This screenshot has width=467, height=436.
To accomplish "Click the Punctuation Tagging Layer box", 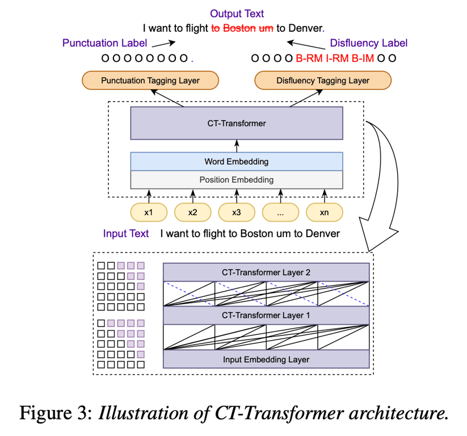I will point(150,81).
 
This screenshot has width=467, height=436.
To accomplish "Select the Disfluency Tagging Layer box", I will point(323,81).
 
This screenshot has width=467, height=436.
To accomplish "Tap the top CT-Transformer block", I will point(237,123).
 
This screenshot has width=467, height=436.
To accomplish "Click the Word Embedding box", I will point(237,162).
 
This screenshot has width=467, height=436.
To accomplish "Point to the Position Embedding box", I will point(237,180).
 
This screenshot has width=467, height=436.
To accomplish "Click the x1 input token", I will point(148,212).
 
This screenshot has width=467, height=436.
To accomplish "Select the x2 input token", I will point(192,212).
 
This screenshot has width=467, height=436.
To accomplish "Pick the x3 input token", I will point(236,212).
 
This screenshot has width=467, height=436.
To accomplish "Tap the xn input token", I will point(323,212).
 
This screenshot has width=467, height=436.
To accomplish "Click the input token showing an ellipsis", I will point(280,212).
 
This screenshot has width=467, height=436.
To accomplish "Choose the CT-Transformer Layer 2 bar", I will point(266,272).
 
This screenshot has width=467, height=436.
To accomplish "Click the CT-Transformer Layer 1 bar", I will point(266,315).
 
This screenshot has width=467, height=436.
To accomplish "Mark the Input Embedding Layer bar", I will point(266,359).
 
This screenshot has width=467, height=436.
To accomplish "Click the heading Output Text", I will point(237,14).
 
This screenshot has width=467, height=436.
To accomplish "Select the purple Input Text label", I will point(126,233).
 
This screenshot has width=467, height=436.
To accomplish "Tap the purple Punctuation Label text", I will point(105,43).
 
